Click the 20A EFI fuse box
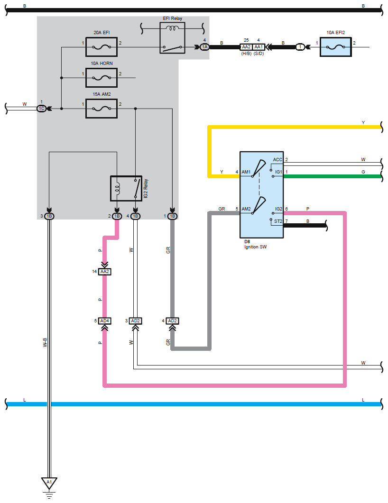(x=102, y=47)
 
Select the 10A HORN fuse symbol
(x=102, y=78)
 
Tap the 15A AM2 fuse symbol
(x=102, y=109)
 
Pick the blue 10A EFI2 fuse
(x=336, y=47)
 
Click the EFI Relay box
(x=172, y=38)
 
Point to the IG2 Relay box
(x=126, y=188)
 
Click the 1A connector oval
(x=204, y=47)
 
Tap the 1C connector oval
(x=41, y=109)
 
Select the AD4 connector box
(x=105, y=321)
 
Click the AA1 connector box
(x=259, y=47)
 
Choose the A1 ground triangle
(x=49, y=483)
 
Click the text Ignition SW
(x=256, y=247)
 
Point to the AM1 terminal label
(x=246, y=172)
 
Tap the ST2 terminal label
(x=278, y=221)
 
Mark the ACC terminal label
(x=277, y=159)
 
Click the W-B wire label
(x=45, y=342)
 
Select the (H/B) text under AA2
(x=246, y=54)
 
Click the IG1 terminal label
(x=278, y=172)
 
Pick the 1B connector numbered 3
(x=49, y=216)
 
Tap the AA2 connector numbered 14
(x=105, y=272)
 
